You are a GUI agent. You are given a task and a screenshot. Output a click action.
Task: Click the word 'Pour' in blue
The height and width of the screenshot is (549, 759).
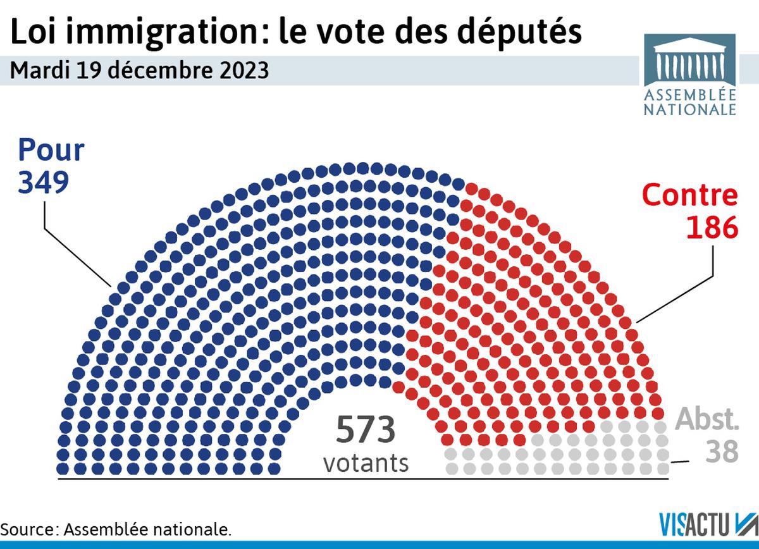(x=51, y=151)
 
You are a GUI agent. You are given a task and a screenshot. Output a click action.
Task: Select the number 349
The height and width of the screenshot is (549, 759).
(x=43, y=183)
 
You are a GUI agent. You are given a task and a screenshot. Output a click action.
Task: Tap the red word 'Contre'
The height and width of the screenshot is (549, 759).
(x=690, y=195)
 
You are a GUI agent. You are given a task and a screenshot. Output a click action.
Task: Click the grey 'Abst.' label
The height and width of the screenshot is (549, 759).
(x=707, y=419)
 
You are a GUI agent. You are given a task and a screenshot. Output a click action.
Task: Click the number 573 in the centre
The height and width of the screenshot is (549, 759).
(x=366, y=430)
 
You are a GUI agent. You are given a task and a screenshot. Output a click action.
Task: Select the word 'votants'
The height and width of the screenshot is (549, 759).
(x=366, y=463)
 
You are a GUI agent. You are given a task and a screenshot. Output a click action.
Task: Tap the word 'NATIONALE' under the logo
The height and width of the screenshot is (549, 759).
(x=690, y=109)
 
